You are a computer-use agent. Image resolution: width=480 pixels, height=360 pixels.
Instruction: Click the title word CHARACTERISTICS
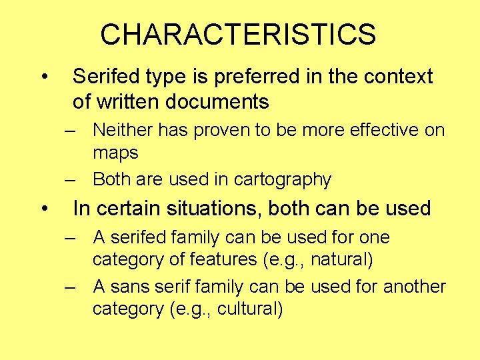[x=238, y=35]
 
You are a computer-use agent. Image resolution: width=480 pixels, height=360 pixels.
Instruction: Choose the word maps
[x=115, y=153]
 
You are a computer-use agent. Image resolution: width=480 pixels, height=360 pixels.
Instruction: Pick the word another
[x=414, y=287]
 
